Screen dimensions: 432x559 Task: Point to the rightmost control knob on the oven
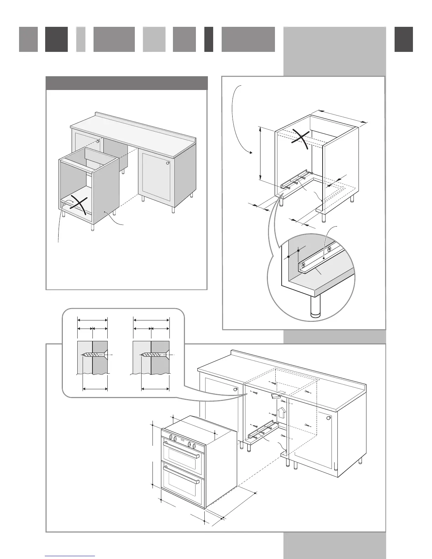point(194,446)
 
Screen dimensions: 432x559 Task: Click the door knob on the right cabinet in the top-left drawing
point(167,163)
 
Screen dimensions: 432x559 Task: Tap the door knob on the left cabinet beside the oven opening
point(236,389)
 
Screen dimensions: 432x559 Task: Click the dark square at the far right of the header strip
point(403,40)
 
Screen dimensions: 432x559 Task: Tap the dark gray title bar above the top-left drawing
point(126,83)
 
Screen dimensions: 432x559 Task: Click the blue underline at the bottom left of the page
point(70,556)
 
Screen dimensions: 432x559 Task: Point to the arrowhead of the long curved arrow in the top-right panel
point(251,153)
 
